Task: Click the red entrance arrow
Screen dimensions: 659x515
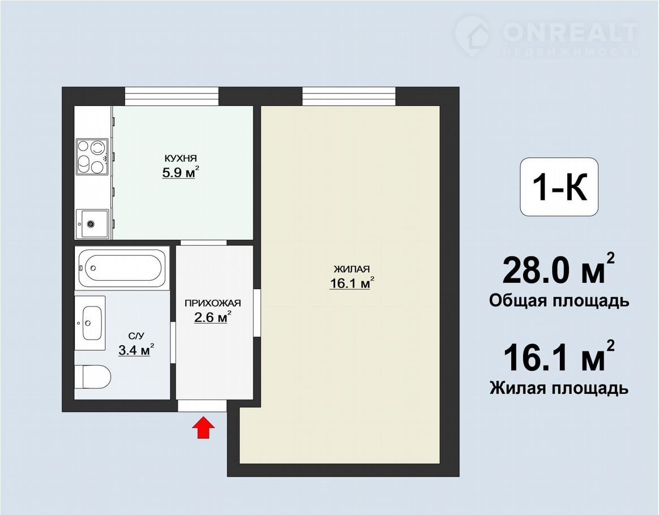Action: [203, 428]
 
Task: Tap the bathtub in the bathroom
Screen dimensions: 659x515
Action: [122, 268]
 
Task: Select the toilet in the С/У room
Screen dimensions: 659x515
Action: [92, 377]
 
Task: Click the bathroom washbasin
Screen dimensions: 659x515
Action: [90, 323]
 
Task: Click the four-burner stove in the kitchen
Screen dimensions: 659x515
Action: [92, 157]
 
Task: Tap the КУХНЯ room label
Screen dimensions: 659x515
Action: [180, 158]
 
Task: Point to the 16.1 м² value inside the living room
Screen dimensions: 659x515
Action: [352, 283]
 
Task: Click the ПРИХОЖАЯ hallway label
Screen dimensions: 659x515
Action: [213, 303]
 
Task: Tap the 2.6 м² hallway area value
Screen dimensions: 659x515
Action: [213, 317]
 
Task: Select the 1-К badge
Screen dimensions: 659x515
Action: [559, 187]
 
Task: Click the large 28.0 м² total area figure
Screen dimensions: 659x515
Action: [558, 269]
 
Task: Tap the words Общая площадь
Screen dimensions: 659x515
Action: [559, 301]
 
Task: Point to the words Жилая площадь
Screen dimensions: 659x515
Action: [559, 388]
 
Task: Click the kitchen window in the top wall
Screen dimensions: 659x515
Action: [172, 96]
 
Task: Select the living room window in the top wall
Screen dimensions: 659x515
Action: [349, 96]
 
